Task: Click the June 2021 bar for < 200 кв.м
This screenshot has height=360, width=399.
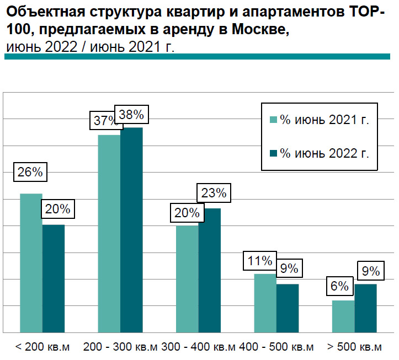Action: (x=31, y=263)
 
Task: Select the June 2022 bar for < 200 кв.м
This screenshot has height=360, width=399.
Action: (x=54, y=278)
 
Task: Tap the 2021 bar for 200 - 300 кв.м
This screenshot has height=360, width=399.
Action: (x=109, y=234)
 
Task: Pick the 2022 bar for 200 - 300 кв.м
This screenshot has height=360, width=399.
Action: (x=131, y=230)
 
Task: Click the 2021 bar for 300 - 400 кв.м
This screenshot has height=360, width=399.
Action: (x=187, y=279)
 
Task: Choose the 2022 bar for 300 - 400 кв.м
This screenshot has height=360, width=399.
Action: (x=210, y=270)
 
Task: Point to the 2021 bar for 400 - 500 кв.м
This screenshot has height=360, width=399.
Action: (x=265, y=303)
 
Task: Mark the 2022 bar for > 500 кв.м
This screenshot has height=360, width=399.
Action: (x=365, y=308)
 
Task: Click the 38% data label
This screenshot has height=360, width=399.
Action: (x=131, y=115)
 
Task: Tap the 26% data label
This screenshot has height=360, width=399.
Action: (x=30, y=171)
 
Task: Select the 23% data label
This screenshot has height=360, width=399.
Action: (x=213, y=193)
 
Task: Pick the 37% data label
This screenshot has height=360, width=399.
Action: (x=103, y=121)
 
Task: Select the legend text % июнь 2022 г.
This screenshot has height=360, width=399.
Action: (x=324, y=153)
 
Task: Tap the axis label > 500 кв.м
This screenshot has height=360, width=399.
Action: (x=354, y=347)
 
